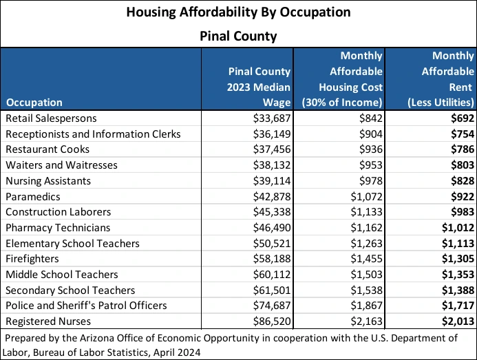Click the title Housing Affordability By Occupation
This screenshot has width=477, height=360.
pos(238,12)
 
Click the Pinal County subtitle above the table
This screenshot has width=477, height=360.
pos(238,36)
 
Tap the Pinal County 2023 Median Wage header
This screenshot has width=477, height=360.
pos(259,87)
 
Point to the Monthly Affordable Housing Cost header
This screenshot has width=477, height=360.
pos(342,79)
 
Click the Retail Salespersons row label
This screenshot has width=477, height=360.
pos(51,118)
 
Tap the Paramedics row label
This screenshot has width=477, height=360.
pos(32,196)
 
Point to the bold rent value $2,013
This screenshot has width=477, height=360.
pos(457,321)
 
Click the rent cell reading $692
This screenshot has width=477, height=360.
pos(461,118)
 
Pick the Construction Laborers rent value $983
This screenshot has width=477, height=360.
pos(461,212)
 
